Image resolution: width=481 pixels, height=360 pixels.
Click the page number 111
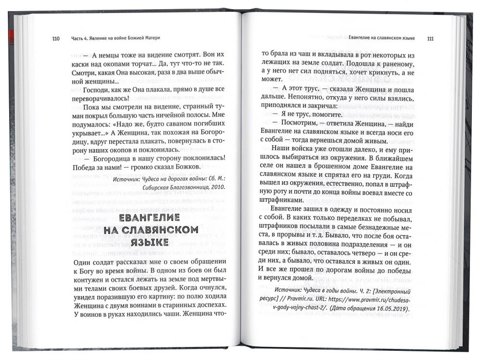point(430,38)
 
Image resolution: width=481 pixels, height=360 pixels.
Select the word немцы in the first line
point(113,54)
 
